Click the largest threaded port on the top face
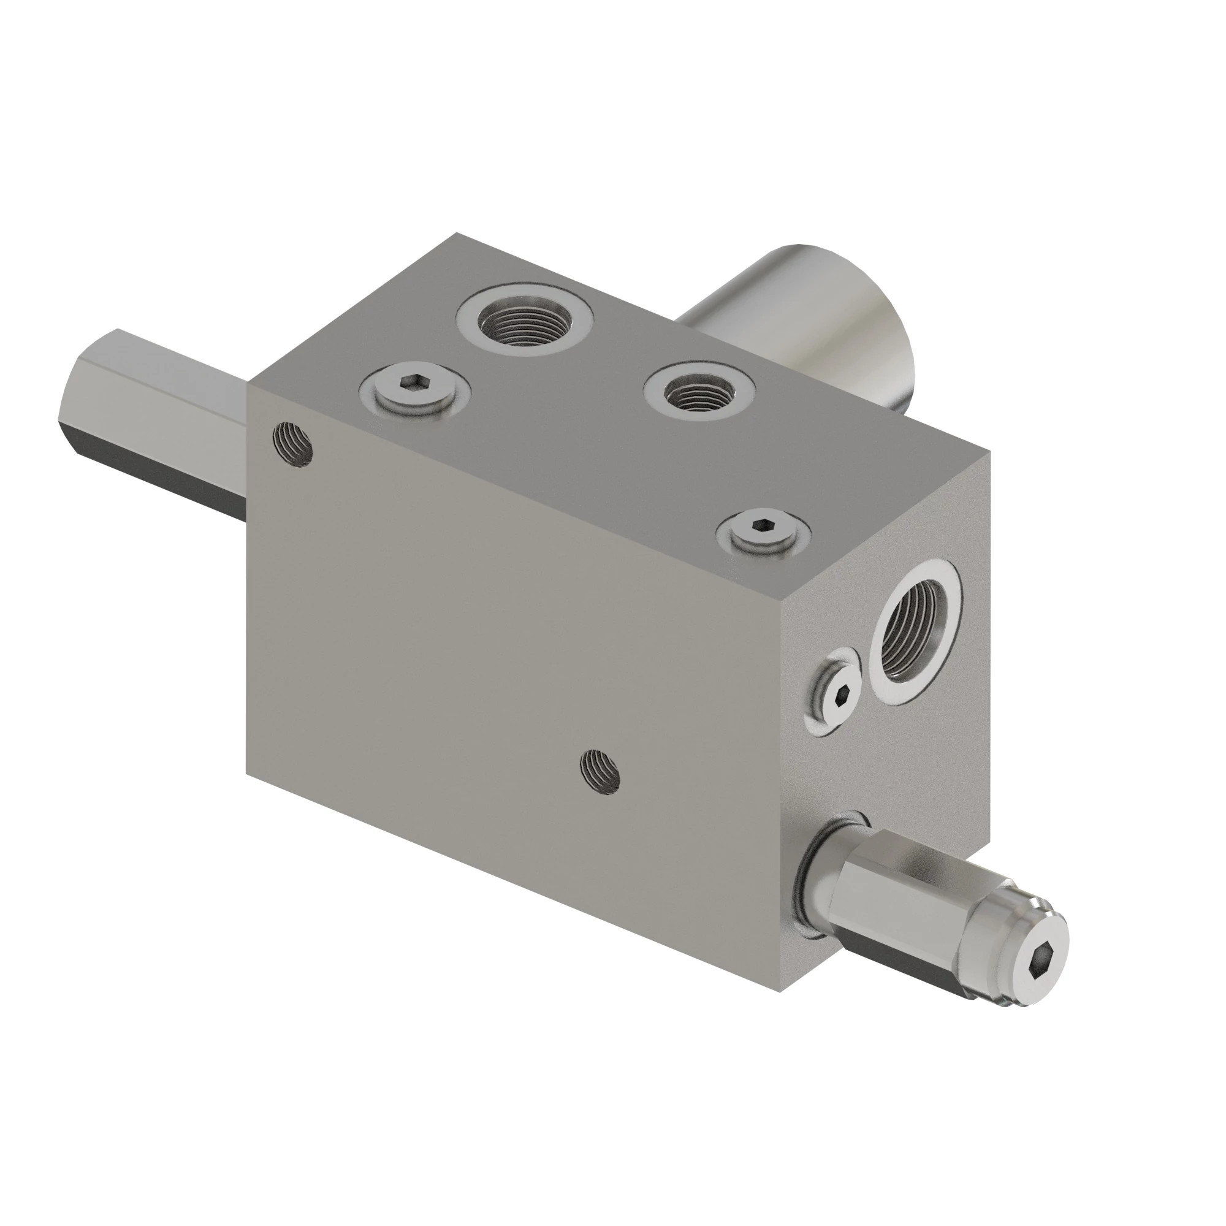pyautogui.click(x=525, y=319)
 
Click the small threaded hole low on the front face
pyautogui.click(x=600, y=771)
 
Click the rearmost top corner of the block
pyautogui.click(x=455, y=234)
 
